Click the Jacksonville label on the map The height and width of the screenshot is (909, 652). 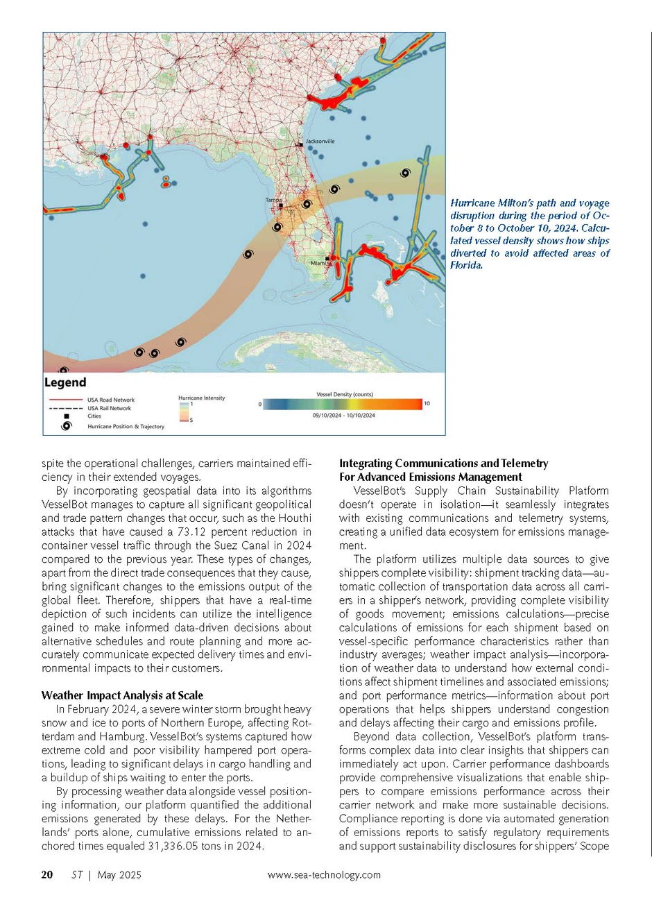point(320,141)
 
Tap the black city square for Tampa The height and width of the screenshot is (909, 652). point(280,205)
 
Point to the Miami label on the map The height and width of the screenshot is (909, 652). point(319,263)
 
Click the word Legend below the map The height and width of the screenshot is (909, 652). point(65,382)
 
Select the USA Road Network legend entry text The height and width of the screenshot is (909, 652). point(111,400)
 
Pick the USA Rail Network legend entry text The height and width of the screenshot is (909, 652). point(109,408)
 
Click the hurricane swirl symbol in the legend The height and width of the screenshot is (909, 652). point(66,426)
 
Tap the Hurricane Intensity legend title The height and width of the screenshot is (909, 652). point(202,398)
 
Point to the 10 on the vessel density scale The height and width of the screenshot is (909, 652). point(427,403)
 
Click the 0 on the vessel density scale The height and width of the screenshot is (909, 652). point(260,404)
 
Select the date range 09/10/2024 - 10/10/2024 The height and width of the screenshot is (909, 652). point(343,415)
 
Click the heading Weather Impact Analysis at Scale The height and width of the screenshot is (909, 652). point(122,695)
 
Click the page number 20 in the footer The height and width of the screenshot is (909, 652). point(47,875)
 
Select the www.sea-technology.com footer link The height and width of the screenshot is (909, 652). point(324,875)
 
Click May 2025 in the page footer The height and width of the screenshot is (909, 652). point(119,875)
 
